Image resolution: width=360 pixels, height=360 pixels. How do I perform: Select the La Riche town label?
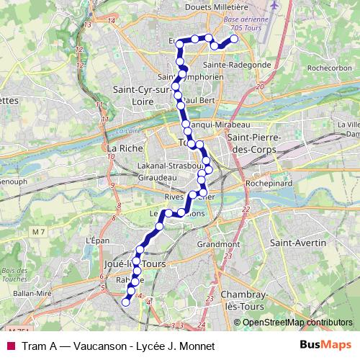point(122,148)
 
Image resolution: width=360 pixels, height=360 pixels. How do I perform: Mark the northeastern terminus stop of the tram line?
point(233,40)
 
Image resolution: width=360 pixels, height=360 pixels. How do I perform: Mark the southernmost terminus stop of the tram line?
point(125,302)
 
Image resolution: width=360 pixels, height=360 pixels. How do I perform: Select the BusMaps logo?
point(325,346)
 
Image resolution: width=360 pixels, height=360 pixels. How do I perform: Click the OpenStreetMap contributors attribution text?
point(297,323)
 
